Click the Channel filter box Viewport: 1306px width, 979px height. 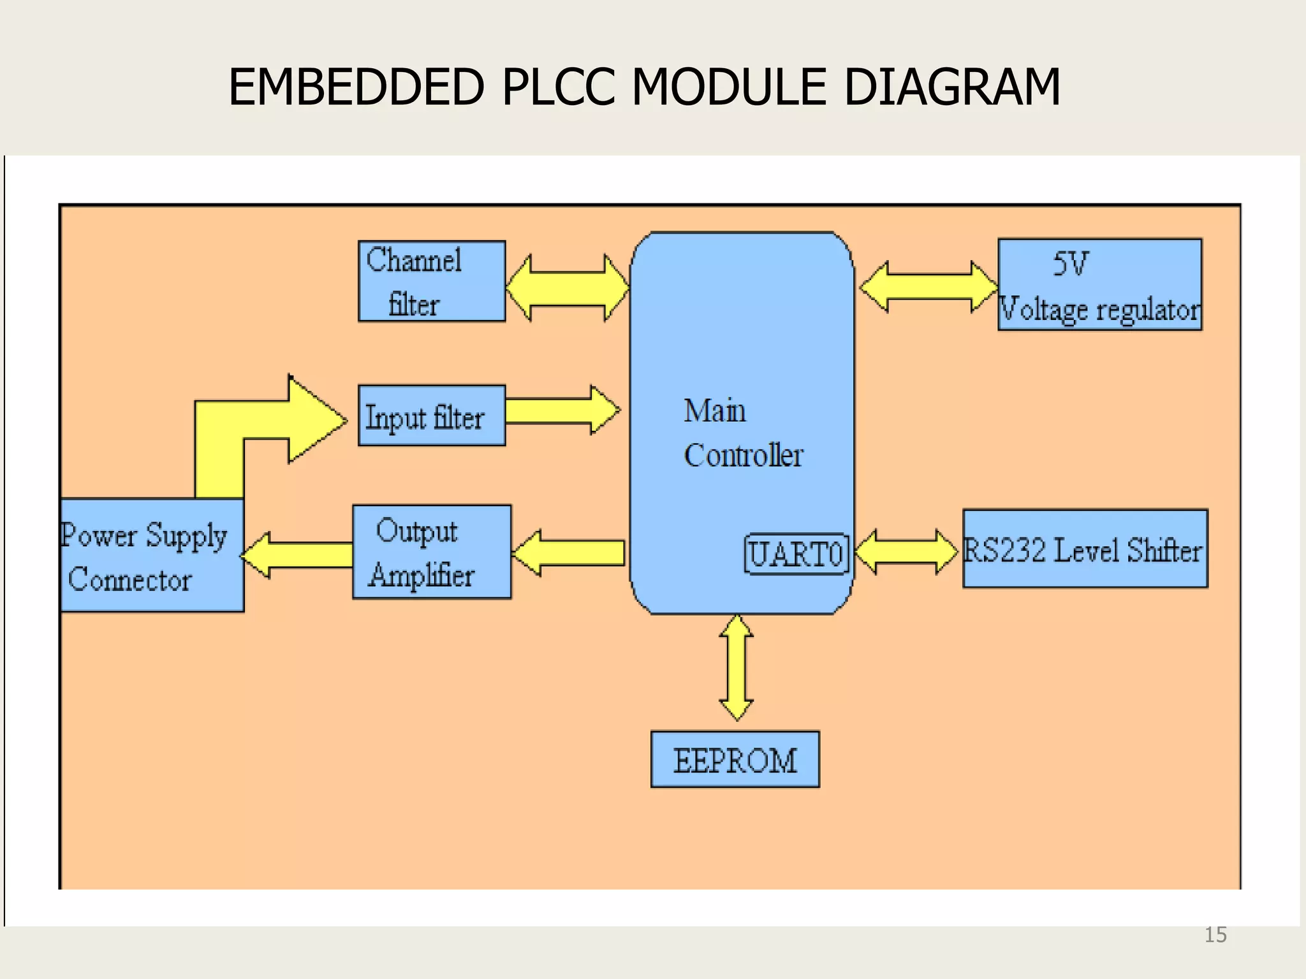coord(432,281)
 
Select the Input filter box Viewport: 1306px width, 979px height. coord(432,416)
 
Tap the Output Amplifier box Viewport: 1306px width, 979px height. coord(432,552)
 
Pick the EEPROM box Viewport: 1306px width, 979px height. coord(735,760)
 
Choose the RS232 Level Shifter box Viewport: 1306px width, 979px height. coord(1084,549)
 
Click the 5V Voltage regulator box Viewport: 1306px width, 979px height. coord(1099,285)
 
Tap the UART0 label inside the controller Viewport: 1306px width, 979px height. coord(796,554)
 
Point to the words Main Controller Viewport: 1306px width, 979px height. coord(743,433)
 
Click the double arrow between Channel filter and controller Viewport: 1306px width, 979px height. coord(568,288)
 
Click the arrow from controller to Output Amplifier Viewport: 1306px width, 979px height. coord(569,553)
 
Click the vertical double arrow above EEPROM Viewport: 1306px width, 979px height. coord(737,668)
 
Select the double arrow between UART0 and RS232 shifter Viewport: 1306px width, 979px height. coord(906,552)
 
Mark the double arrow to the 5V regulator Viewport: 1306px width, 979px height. coord(928,287)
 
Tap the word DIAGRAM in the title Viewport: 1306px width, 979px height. coord(951,87)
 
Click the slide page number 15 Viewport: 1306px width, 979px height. coord(1215,935)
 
